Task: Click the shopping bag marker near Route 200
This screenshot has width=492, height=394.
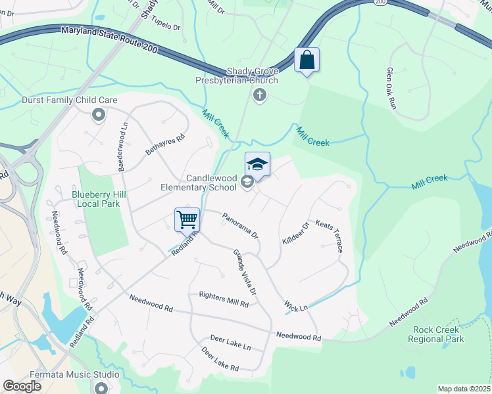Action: click(307, 60)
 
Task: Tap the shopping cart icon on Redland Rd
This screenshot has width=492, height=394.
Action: click(187, 219)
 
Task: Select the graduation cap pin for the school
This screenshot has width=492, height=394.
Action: click(258, 165)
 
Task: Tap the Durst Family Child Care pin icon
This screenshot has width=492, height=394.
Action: click(99, 116)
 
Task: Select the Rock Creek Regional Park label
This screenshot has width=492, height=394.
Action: click(435, 334)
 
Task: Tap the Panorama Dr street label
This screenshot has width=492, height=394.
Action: click(239, 225)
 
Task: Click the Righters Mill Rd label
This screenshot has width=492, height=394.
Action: click(224, 299)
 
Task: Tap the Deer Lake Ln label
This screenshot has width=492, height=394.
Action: click(230, 342)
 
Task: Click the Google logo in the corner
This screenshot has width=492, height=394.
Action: click(22, 386)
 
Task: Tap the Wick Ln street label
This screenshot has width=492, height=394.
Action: click(296, 306)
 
